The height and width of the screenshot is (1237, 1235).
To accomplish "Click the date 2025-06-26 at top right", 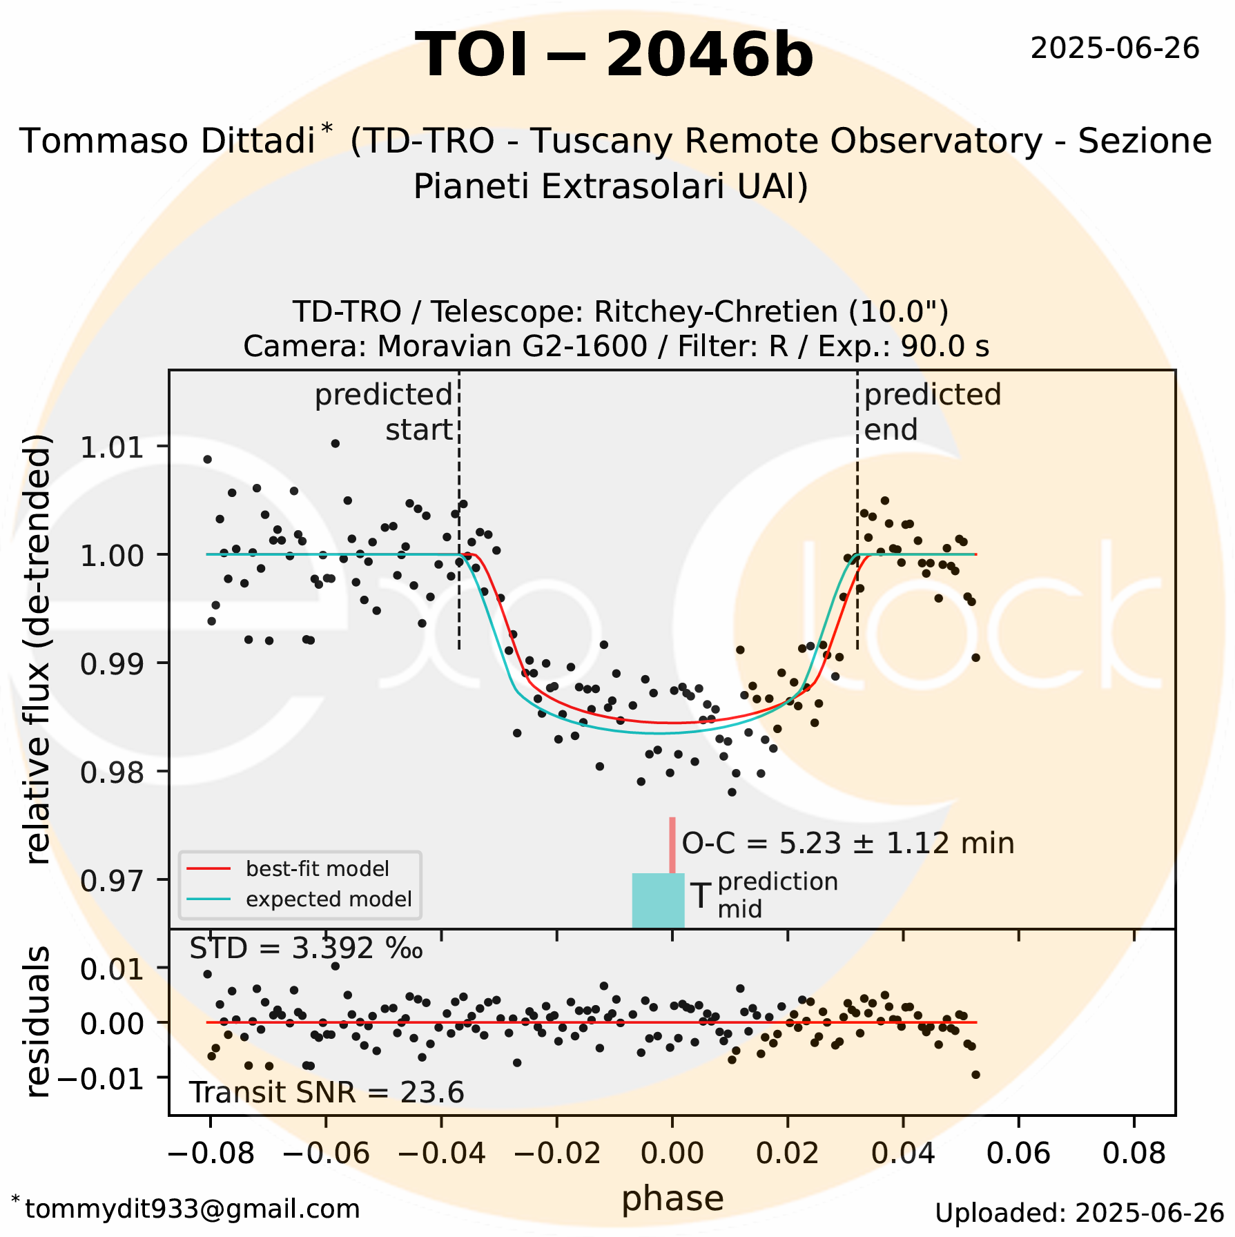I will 1115,49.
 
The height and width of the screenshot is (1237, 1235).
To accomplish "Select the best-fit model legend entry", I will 317,868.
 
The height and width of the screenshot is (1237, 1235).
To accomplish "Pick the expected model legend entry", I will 328,899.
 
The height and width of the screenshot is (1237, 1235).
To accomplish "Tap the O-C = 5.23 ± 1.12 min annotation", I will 848,844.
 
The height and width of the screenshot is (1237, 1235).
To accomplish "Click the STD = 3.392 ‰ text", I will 306,949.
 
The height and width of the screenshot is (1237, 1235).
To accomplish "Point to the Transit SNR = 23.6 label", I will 327,1093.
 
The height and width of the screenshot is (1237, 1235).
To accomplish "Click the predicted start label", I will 384,412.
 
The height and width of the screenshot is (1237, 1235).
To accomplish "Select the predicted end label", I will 932,412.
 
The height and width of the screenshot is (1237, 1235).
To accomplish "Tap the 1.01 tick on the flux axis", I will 113,447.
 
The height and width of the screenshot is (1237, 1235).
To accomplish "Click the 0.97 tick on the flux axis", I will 113,881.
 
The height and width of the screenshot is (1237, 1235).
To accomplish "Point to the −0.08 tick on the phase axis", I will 211,1153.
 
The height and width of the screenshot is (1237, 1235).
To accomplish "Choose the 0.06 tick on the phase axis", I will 1018,1153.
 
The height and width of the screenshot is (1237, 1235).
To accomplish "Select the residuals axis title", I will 38,1022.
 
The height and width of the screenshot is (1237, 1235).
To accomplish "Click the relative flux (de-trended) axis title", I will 38,649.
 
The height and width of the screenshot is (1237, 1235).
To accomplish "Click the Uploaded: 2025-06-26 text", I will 1079,1213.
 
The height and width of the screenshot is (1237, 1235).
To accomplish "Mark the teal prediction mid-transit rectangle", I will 658,901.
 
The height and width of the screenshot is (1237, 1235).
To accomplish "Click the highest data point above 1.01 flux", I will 335,443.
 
